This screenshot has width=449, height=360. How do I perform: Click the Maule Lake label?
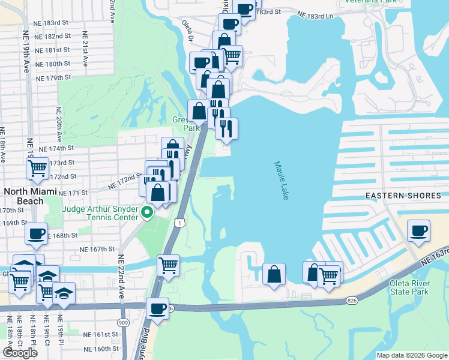point(281,180)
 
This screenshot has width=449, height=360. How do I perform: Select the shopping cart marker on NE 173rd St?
point(37,169)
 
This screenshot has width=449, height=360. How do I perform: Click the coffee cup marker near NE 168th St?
point(36,233)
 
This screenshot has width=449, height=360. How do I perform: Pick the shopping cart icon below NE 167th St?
point(168,265)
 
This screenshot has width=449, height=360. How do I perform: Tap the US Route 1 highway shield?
point(179,223)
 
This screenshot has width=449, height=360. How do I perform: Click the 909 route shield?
point(122,322)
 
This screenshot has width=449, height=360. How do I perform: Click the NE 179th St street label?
point(53,78)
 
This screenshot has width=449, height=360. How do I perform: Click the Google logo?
point(20,352)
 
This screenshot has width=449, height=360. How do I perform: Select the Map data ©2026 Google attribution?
point(411,355)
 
